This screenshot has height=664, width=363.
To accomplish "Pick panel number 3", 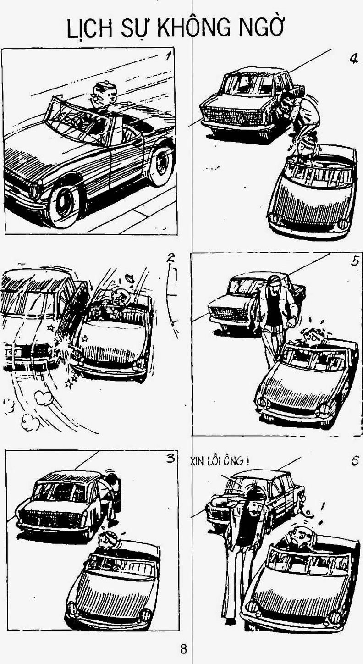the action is tap(170, 459).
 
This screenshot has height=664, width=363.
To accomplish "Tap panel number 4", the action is tap(353, 59).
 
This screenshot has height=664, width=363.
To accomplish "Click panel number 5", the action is tap(355, 260).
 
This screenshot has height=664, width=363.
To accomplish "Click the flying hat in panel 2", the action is tap(130, 278).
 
